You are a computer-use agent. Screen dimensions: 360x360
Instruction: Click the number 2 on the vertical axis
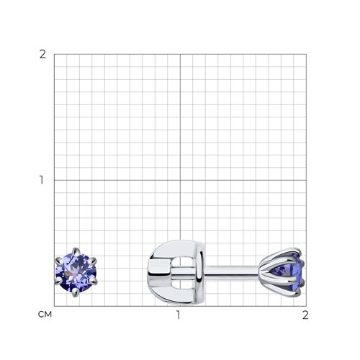click(42, 55)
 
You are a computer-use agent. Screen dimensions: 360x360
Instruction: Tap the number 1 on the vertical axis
click(42, 180)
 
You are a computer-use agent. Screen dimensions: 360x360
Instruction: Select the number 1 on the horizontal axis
click(178, 315)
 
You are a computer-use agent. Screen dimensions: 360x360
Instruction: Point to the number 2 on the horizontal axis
click(305, 315)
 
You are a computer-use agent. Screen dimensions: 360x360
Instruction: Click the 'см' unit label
click(45, 315)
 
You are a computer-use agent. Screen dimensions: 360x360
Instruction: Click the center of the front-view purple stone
click(76, 272)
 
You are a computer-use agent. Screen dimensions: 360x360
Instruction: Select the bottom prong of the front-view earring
click(76, 292)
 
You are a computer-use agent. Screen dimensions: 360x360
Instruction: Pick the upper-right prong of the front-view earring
click(93, 261)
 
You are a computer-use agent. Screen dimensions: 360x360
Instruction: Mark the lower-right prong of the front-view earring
click(94, 282)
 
